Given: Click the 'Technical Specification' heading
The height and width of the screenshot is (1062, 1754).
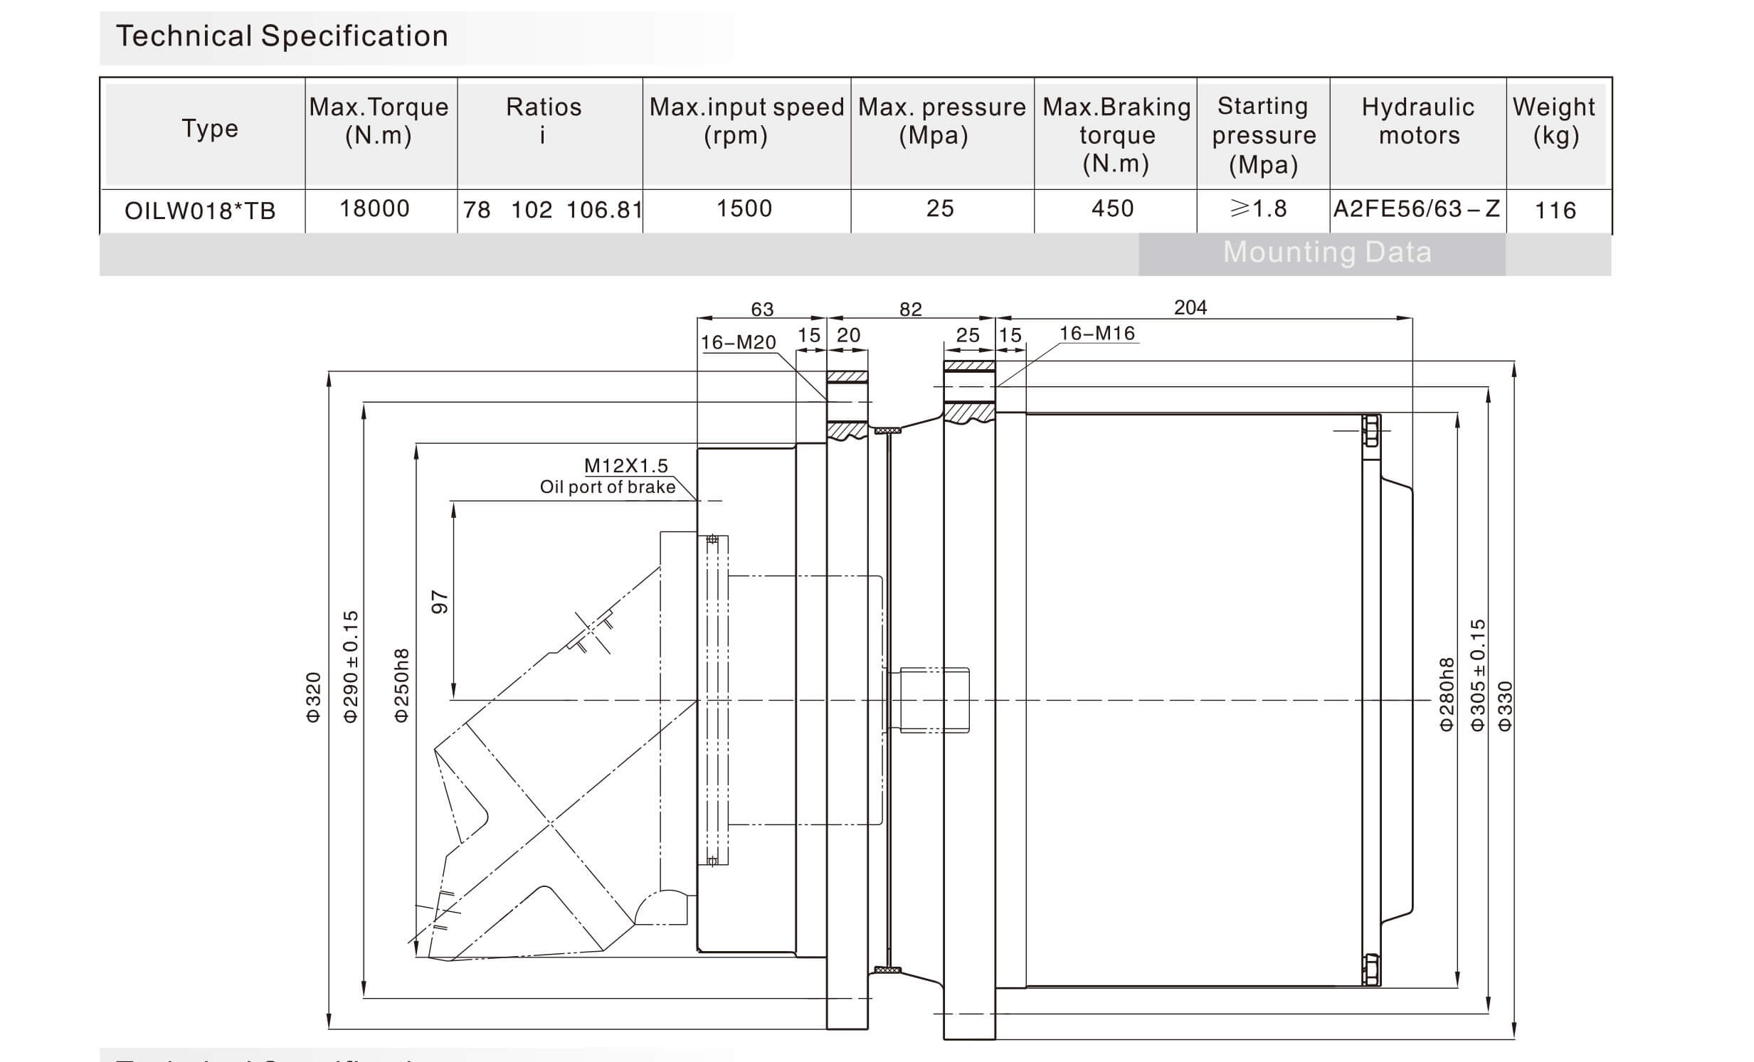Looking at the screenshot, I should (282, 36).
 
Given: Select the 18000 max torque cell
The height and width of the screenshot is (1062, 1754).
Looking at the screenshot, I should (374, 208).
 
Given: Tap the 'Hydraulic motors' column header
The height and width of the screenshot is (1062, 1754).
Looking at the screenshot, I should (1418, 121).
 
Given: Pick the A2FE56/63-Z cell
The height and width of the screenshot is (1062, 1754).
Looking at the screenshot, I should (1417, 208).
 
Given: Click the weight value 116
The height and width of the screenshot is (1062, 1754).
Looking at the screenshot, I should (1555, 211).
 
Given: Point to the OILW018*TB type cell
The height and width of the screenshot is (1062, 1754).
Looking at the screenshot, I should (200, 211).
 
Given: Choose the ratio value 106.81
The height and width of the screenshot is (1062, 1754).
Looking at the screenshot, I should (604, 210).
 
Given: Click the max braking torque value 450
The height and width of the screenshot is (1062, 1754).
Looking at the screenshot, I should (1113, 208).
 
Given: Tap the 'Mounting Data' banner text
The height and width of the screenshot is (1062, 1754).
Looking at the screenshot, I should (1327, 253).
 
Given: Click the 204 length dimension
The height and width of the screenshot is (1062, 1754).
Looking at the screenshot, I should (1190, 307).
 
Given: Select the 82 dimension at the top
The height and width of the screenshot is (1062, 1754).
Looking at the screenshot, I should (911, 309).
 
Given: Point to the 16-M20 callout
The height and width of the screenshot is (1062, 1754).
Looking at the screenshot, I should (738, 342).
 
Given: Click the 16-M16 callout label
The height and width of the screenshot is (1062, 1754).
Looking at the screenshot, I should (1097, 333).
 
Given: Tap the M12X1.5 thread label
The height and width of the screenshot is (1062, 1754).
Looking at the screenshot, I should (625, 465).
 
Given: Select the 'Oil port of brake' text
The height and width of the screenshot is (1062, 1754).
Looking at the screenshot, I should (607, 487).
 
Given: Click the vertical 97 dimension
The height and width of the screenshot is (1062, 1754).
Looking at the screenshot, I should (440, 602).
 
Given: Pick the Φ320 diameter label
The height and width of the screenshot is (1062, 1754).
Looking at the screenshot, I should (313, 698).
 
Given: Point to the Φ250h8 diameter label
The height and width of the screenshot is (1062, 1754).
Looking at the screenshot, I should (402, 686).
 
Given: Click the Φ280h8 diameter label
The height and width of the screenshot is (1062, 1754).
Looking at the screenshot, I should (1447, 694).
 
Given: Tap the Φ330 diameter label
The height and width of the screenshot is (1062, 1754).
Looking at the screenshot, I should (1504, 706).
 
